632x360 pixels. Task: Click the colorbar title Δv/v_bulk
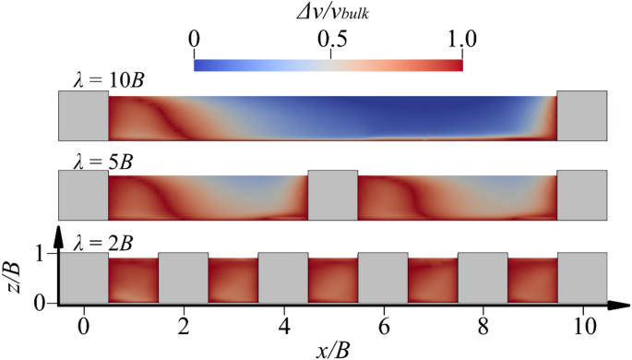click(x=328, y=12)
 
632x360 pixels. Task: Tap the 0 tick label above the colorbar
click(x=194, y=39)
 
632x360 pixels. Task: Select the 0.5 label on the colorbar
click(x=330, y=39)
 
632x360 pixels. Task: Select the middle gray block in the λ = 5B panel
click(x=332, y=195)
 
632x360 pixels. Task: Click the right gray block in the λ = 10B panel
click(x=581, y=115)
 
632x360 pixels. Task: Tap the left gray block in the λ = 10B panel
click(x=83, y=115)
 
